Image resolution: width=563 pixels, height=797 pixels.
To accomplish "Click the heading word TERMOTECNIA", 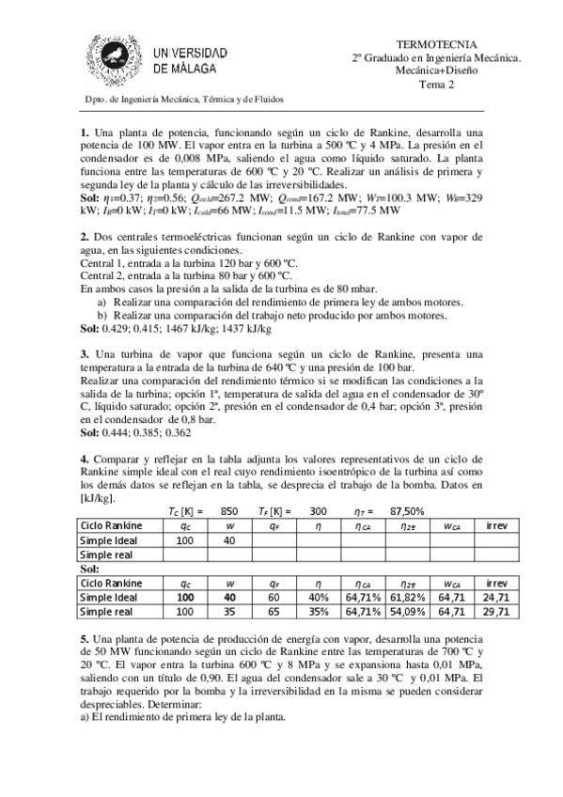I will [437, 44].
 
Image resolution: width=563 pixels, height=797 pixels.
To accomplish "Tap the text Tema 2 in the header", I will [437, 84].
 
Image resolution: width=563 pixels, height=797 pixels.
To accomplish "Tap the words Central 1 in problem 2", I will [103, 266].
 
